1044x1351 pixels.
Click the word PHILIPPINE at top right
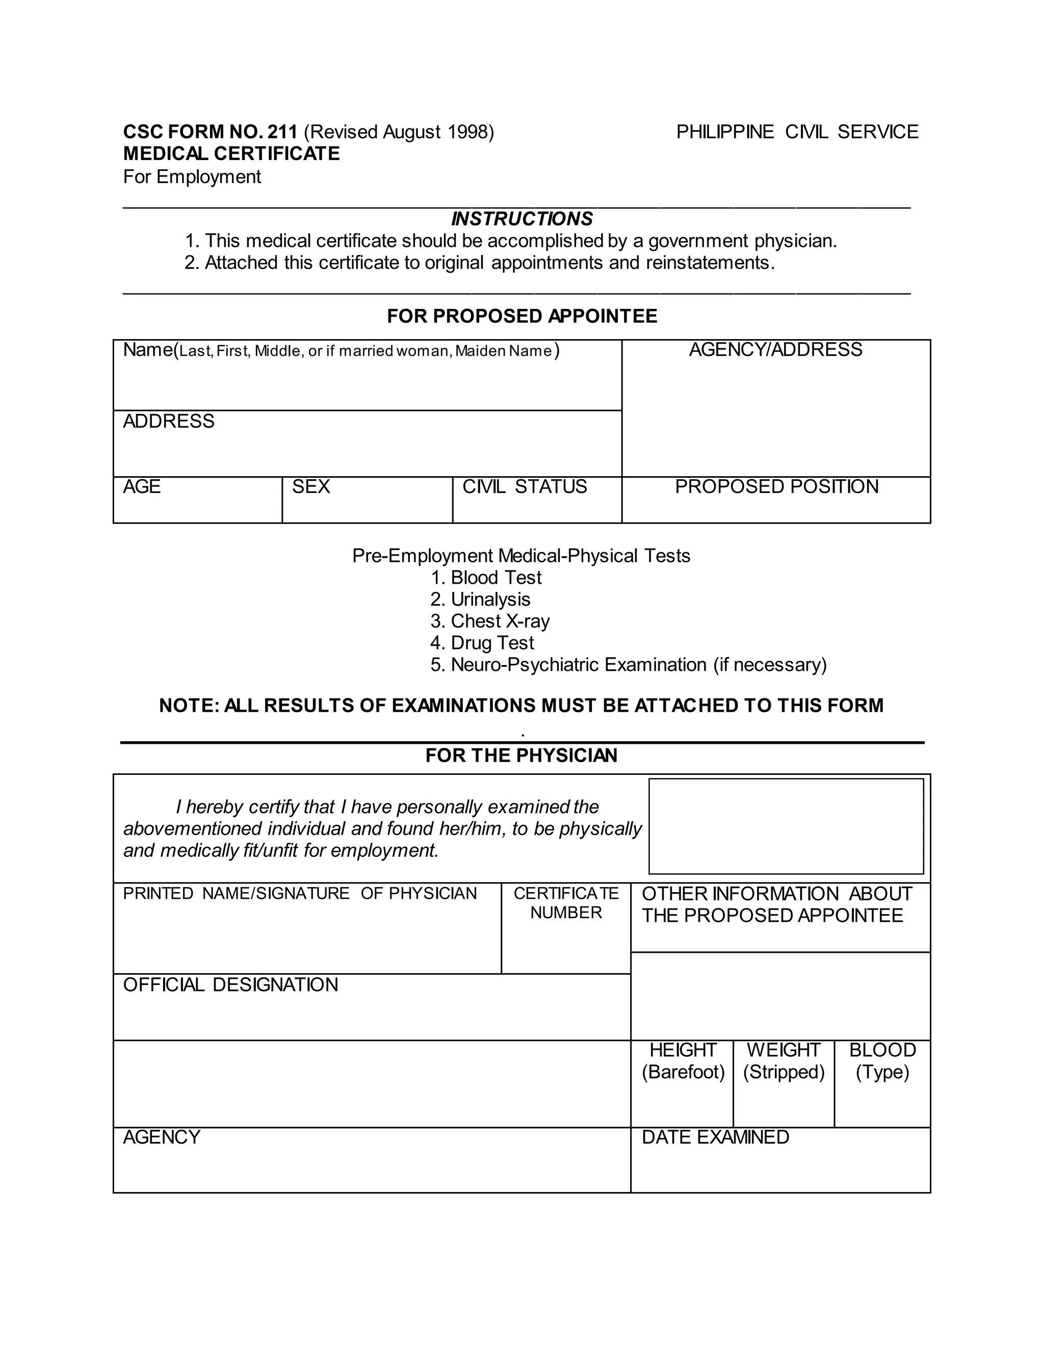tap(724, 132)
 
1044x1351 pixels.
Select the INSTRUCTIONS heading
tap(521, 219)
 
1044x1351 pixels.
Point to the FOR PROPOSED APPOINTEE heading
tap(521, 316)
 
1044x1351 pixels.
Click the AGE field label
tap(142, 487)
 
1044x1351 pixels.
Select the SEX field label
tap(310, 487)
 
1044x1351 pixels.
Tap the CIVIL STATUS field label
tap(525, 487)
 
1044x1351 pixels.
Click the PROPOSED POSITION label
tap(776, 487)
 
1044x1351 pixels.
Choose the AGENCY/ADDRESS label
tap(775, 350)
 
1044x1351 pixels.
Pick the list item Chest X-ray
tap(499, 621)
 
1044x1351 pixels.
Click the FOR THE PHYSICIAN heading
tap(521, 756)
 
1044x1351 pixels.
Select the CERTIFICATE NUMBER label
tap(565, 903)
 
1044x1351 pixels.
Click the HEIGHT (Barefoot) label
tap(683, 1061)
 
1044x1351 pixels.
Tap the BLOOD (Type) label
tap(882, 1061)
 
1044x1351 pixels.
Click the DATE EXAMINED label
tap(715, 1137)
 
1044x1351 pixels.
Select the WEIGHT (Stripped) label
tap(783, 1061)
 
